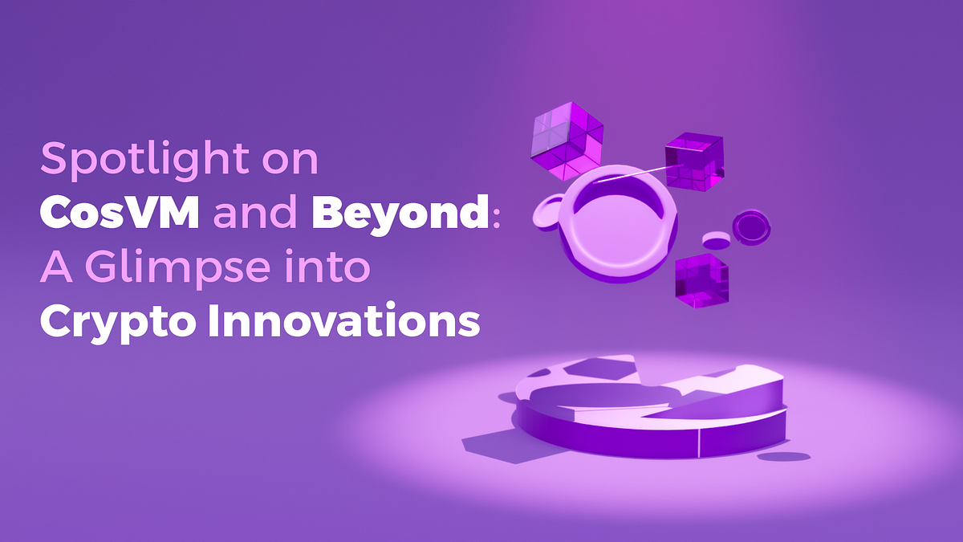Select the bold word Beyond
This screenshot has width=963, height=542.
pyautogui.click(x=400, y=215)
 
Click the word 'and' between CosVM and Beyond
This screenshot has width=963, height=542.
pyautogui.click(x=257, y=215)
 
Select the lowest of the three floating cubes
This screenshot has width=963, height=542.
pyautogui.click(x=702, y=280)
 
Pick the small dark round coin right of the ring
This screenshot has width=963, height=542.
pyautogui.click(x=752, y=226)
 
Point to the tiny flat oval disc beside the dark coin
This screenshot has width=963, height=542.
pyautogui.click(x=716, y=240)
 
